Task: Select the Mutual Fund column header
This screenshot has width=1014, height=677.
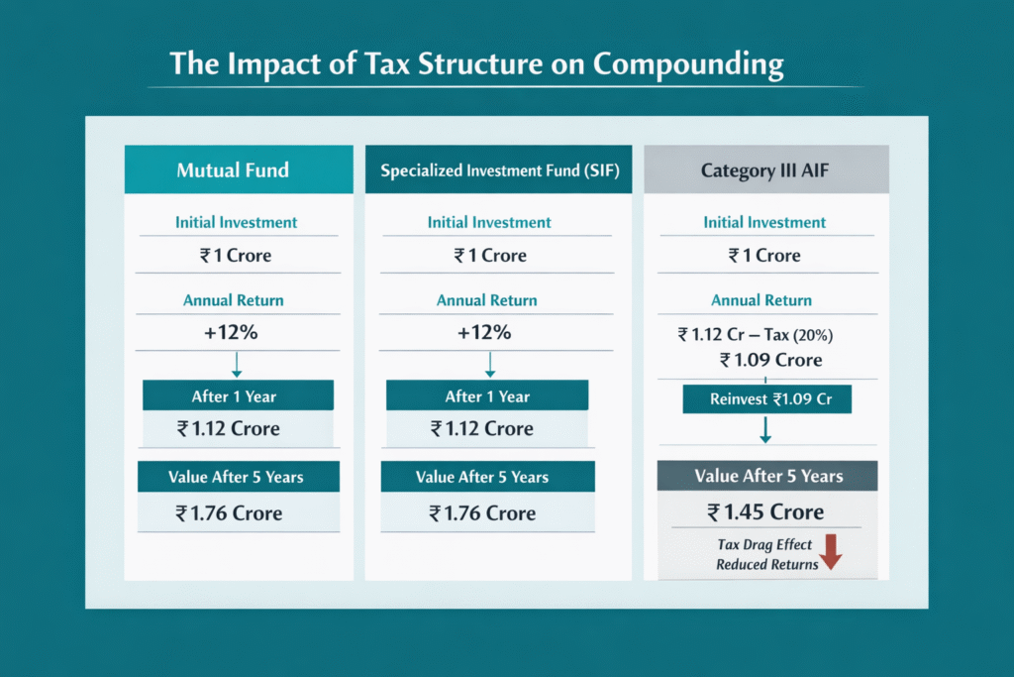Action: (233, 169)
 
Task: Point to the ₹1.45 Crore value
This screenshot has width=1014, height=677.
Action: (765, 511)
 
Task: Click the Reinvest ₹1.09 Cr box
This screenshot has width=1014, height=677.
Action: (766, 399)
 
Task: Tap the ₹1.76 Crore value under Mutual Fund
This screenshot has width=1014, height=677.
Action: (229, 513)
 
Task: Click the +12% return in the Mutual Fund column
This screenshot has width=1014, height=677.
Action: (231, 333)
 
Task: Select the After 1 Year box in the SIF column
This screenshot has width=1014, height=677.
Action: (487, 396)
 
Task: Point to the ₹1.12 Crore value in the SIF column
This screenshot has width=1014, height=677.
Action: (481, 429)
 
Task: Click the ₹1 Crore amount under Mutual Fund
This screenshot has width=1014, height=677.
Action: (235, 256)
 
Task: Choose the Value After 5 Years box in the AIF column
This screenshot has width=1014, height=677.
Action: (767, 476)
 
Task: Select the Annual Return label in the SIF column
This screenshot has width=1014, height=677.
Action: (487, 300)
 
